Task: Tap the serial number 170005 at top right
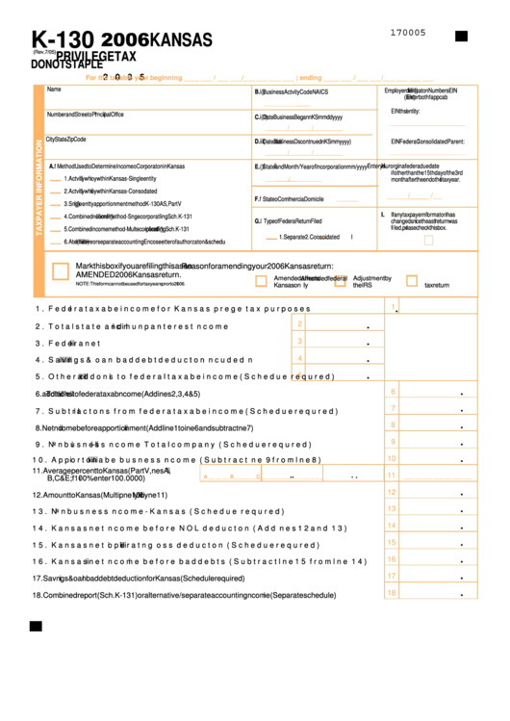pyautogui.click(x=408, y=33)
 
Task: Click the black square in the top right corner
pyautogui.click(x=461, y=36)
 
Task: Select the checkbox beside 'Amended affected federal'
pyautogui.click(x=261, y=280)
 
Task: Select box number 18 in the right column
pyautogui.click(x=392, y=593)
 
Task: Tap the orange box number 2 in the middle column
pyautogui.click(x=300, y=323)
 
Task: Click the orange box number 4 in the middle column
pyautogui.click(x=300, y=358)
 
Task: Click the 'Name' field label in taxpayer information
pyautogui.click(x=54, y=90)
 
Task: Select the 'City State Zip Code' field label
pyautogui.click(x=73, y=140)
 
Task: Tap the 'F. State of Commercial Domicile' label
pyautogui.click(x=289, y=199)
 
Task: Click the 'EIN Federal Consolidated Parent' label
pyautogui.click(x=427, y=141)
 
